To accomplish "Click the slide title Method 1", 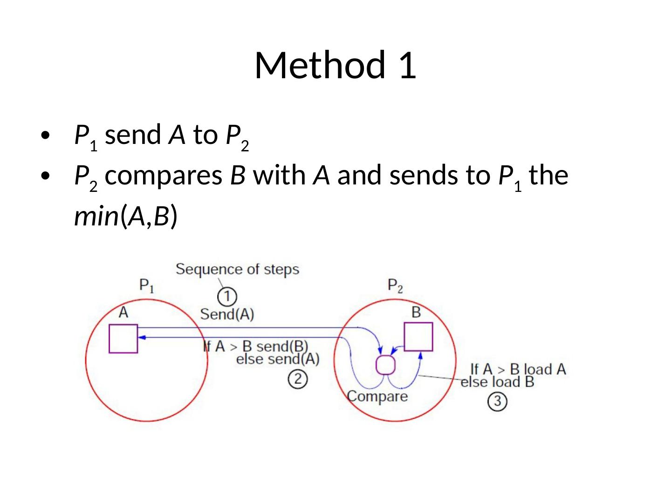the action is click(x=335, y=65).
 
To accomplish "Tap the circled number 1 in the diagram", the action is click(x=227, y=296).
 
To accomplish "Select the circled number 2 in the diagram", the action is click(x=297, y=379).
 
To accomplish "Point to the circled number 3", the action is click(x=497, y=401).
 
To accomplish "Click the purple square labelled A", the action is click(x=123, y=339).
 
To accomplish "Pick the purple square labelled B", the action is click(x=418, y=336).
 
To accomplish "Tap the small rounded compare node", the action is click(x=385, y=365).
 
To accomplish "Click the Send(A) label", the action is click(x=227, y=314).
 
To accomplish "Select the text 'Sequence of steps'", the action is click(x=237, y=269).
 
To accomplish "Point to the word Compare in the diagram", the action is click(x=377, y=396).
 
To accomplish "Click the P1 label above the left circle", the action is click(x=147, y=285).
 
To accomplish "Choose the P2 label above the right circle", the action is click(x=395, y=285).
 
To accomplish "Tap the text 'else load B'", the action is click(x=497, y=382).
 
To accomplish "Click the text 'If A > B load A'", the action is click(x=518, y=369).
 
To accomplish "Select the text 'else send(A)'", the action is click(x=278, y=359).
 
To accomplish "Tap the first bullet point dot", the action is click(x=45, y=136).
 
